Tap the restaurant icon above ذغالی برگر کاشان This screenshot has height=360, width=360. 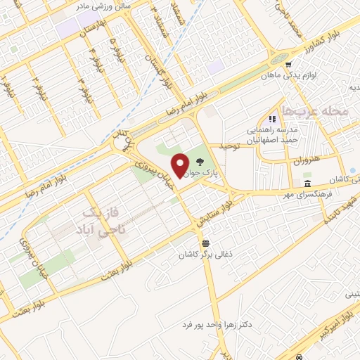pos(205,243)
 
